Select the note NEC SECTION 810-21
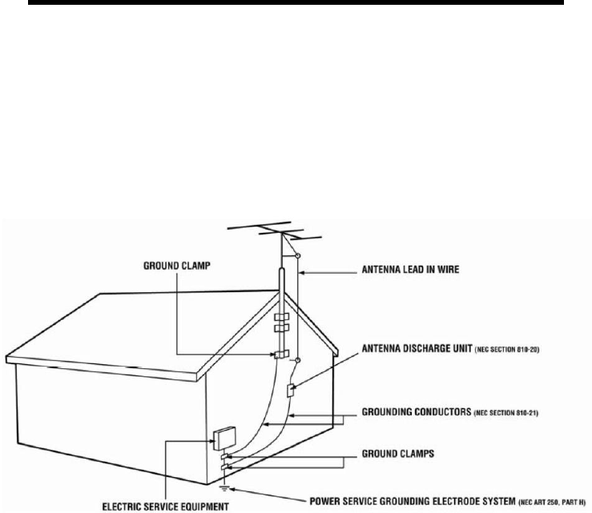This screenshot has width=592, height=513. [509, 415]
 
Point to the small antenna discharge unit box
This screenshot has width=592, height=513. [293, 391]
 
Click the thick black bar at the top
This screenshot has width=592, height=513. [295, 6]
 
